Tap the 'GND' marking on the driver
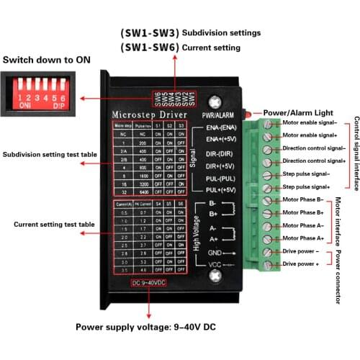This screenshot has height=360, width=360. click(x=214, y=253)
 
